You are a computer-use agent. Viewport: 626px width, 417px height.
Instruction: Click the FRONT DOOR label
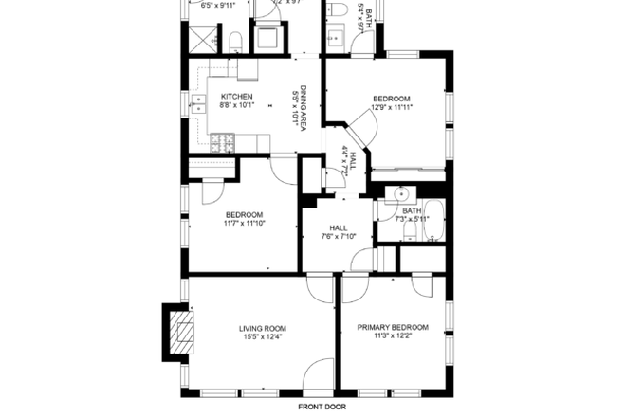tap(322, 407)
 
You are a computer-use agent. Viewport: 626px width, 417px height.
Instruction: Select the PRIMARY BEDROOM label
tap(392, 328)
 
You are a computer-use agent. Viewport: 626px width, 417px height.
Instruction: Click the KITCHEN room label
tap(236, 97)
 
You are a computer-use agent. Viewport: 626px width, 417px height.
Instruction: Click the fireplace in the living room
tap(179, 333)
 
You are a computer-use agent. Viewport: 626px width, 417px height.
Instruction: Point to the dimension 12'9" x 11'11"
tap(391, 108)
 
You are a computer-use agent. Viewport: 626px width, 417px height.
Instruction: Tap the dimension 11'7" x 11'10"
tap(244, 224)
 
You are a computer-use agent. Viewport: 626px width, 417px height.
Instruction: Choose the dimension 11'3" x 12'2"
tap(392, 336)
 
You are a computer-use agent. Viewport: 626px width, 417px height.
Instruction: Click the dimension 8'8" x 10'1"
tap(236, 106)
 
